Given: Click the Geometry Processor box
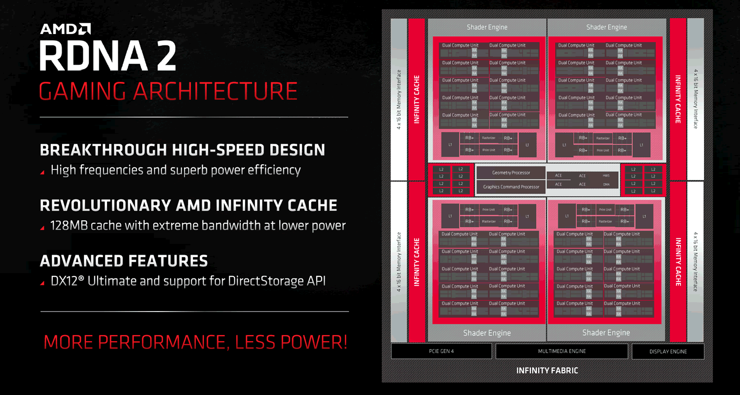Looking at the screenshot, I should click(x=511, y=173).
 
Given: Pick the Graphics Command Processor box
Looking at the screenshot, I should click(x=511, y=187).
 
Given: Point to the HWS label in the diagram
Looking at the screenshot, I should click(x=606, y=176).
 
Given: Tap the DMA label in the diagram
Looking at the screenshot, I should click(x=606, y=184).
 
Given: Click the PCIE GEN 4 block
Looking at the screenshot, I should click(x=441, y=351).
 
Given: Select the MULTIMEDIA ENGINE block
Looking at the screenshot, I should click(x=561, y=351).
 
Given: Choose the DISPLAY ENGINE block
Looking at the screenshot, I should click(x=668, y=352).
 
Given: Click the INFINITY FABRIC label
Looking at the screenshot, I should click(x=547, y=370).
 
